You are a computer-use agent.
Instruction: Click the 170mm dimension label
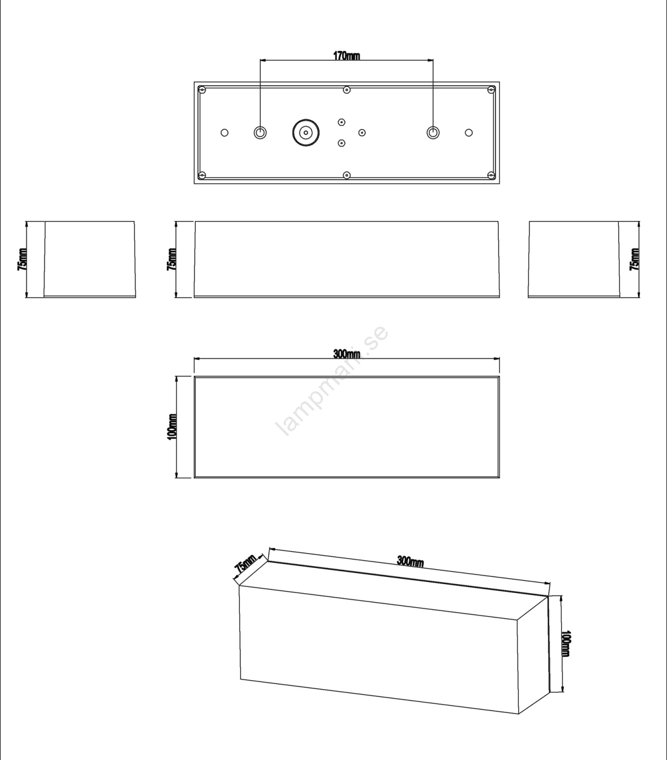click(346, 56)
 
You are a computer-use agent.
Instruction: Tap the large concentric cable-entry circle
click(305, 133)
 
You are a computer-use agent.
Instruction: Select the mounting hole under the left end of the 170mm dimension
click(260, 133)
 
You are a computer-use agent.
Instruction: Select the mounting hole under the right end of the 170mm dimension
click(433, 133)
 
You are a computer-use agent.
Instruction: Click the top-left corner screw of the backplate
click(202, 89)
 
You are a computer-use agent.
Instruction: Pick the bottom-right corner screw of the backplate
click(492, 175)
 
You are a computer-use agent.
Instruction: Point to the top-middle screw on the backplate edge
click(347, 89)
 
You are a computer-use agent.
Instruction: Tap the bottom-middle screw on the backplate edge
click(347, 175)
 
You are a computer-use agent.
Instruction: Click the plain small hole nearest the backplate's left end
click(225, 133)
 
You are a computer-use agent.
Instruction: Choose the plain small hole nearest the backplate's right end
click(469, 133)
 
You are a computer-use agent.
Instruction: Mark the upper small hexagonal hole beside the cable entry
click(342, 122)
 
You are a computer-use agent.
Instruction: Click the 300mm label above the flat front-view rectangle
click(346, 354)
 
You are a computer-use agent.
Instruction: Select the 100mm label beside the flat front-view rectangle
click(172, 427)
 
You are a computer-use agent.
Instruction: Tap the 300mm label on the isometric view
click(410, 561)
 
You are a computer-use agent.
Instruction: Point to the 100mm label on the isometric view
click(566, 644)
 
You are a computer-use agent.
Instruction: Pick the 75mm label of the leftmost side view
click(22, 259)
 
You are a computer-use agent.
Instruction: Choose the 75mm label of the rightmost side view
click(634, 259)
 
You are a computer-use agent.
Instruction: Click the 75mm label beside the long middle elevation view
click(172, 259)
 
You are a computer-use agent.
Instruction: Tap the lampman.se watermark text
click(333, 380)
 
